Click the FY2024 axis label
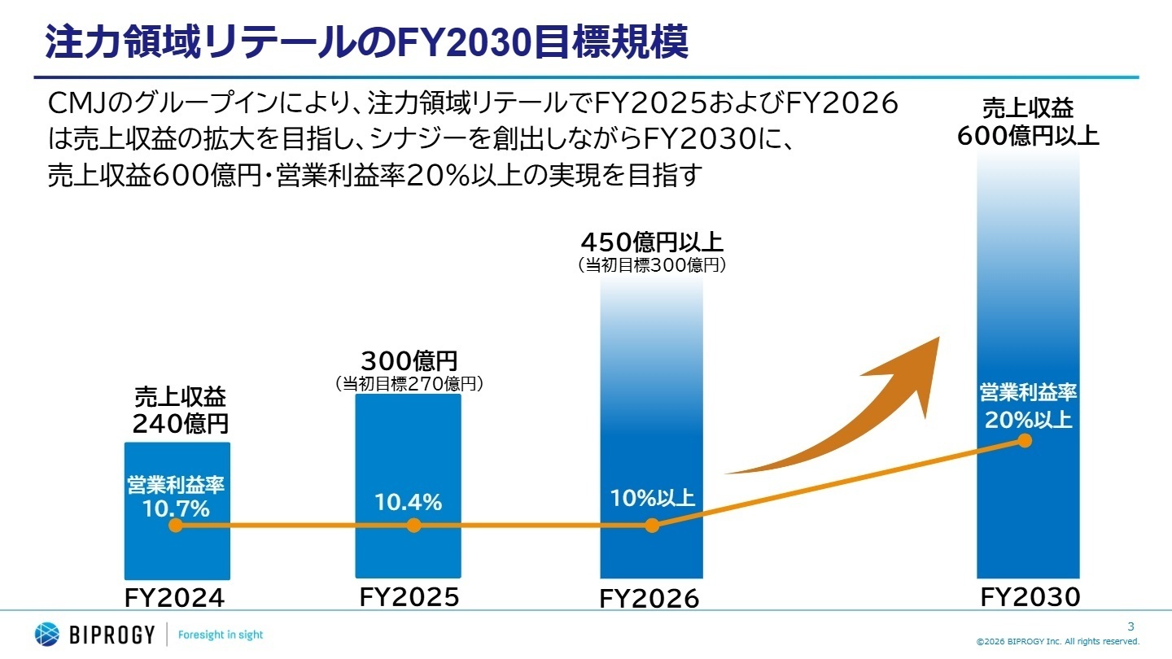[174, 598]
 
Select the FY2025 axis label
[409, 597]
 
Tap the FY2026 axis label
[649, 599]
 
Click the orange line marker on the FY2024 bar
[175, 526]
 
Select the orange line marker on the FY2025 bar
[413, 526]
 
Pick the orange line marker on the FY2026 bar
[651, 526]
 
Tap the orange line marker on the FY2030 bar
[1025, 441]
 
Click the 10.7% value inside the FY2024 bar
[176, 510]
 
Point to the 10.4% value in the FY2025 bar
[408, 503]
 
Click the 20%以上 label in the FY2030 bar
[1028, 421]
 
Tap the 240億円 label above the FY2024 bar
[181, 424]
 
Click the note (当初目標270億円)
[409, 384]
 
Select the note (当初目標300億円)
[651, 264]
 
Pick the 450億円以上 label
[651, 242]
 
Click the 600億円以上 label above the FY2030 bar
[1028, 135]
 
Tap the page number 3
[1130, 626]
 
